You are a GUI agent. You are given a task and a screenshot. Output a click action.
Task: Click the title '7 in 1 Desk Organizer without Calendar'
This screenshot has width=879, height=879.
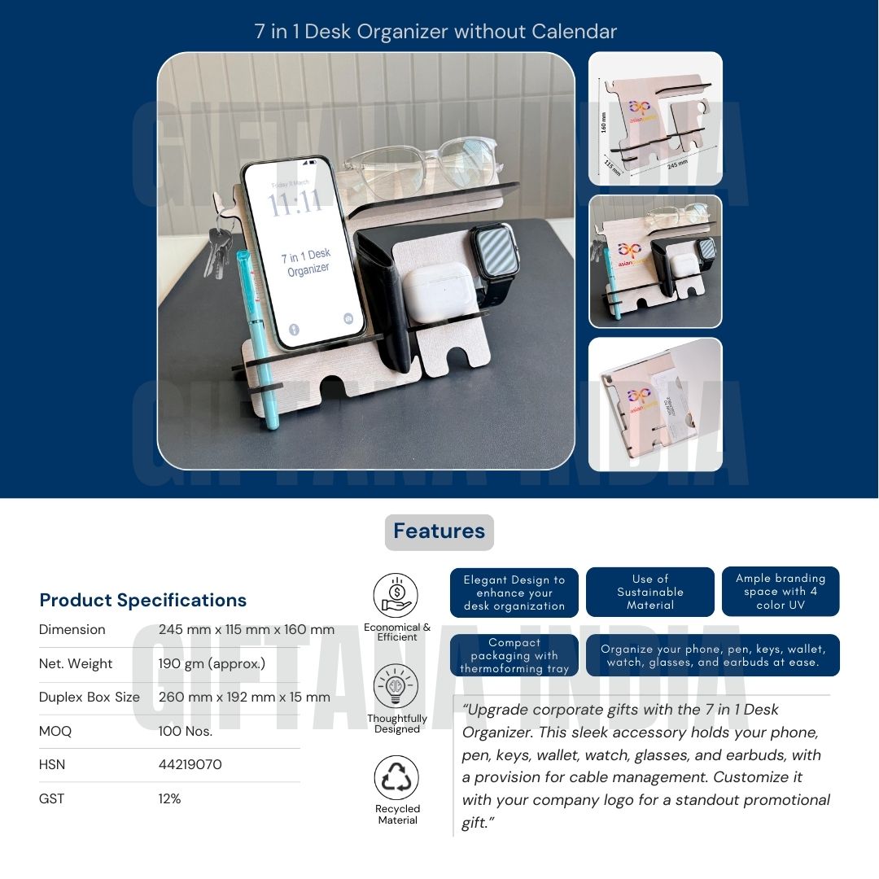(435, 32)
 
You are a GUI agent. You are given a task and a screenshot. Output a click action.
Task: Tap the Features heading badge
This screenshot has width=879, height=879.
(439, 531)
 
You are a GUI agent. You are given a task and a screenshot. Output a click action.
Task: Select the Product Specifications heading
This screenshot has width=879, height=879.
(142, 600)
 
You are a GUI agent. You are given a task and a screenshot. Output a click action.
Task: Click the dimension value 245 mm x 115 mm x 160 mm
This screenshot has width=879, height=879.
(247, 630)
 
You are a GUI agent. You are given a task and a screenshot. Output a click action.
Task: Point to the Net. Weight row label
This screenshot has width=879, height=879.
(76, 664)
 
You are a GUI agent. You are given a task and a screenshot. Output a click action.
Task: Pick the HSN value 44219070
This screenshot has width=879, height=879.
(190, 765)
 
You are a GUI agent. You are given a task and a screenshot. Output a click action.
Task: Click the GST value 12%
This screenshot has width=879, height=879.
(169, 799)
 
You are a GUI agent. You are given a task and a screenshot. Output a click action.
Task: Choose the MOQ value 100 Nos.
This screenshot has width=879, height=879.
(185, 731)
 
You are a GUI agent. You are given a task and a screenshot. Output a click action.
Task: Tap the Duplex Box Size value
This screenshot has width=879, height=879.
(244, 698)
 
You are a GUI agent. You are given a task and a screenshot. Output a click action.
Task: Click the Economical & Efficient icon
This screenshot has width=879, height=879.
(396, 596)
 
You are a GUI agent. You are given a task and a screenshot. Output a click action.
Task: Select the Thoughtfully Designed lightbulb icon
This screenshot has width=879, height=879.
(396, 687)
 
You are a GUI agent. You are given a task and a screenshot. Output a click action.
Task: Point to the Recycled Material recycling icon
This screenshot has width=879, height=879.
(396, 777)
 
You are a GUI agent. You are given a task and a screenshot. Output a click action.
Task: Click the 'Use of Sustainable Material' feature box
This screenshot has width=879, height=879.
(649, 592)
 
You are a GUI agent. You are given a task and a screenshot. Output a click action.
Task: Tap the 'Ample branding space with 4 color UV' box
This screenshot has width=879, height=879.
(780, 592)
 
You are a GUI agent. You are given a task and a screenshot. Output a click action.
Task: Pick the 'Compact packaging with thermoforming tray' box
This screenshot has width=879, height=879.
(514, 655)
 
